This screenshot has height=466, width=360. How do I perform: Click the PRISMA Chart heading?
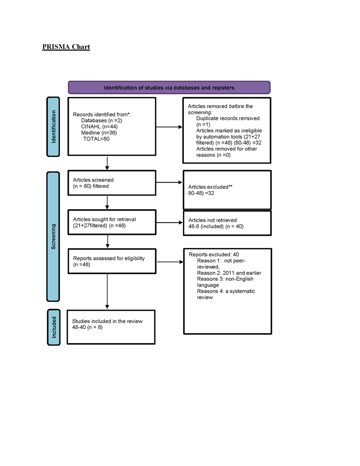(x=66, y=47)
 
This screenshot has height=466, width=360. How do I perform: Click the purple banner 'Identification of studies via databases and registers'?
(x=169, y=88)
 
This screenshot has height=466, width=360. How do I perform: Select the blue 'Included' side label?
(x=53, y=327)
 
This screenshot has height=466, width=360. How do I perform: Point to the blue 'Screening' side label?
(x=53, y=237)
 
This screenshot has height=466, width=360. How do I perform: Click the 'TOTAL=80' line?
(x=96, y=139)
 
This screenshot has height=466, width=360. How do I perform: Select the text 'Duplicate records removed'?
(x=228, y=118)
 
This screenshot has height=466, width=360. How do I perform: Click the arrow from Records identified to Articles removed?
(x=169, y=127)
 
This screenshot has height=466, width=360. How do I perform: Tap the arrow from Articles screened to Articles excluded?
(x=169, y=183)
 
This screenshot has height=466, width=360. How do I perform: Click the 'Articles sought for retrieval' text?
(x=104, y=219)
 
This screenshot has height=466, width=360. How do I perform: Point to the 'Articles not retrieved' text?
(x=212, y=220)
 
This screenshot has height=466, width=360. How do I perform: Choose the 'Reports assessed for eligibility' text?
(x=109, y=258)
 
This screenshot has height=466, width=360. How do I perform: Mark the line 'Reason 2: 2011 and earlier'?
(x=229, y=273)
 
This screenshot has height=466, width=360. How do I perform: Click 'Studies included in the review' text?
(x=107, y=321)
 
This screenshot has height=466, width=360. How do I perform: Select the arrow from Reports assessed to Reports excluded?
(x=169, y=262)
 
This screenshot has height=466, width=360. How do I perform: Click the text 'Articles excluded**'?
(x=207, y=187)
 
